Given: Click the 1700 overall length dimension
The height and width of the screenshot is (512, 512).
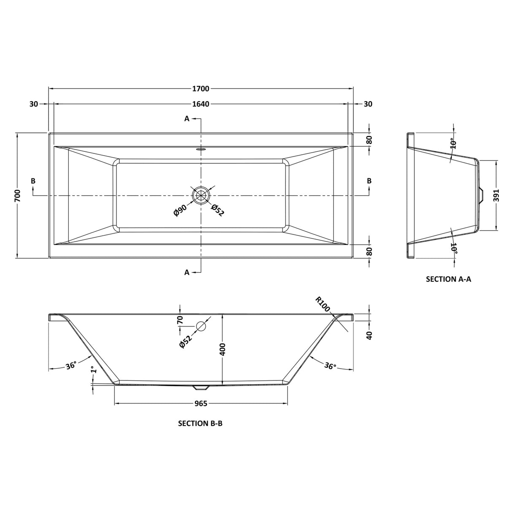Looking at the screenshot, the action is [201, 89].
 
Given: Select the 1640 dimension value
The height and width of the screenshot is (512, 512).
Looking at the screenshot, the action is [201, 104].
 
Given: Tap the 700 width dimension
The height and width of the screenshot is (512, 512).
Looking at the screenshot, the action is [18, 195].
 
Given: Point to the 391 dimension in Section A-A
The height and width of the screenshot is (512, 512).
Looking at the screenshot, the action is [496, 195].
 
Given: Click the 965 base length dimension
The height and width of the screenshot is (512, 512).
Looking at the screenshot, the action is [201, 404].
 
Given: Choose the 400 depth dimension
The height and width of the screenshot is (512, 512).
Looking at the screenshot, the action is [223, 349].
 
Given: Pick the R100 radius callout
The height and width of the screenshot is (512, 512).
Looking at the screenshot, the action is [322, 304].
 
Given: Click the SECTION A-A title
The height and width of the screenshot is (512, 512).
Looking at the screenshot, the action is [448, 279].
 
